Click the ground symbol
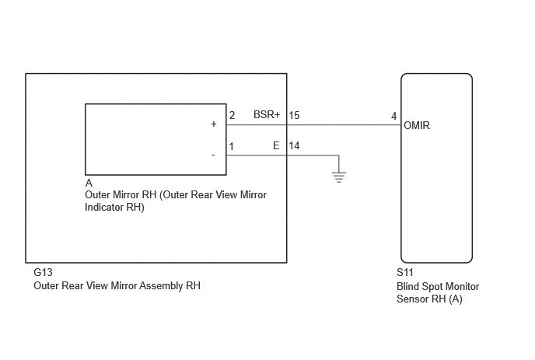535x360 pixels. [339, 177]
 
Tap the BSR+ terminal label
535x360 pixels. [267, 114]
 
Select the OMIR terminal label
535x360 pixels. [417, 126]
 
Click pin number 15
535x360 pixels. [294, 115]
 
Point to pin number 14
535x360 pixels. [294, 146]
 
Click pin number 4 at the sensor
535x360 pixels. [393, 117]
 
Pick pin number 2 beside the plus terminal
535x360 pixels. [232, 115]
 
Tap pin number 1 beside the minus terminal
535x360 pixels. [232, 147]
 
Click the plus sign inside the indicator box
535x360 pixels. [214, 124]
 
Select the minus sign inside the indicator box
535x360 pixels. [213, 156]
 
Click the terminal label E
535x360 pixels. [276, 146]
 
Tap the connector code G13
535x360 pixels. [43, 272]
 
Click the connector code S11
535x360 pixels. [405, 272]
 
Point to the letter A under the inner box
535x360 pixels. [89, 183]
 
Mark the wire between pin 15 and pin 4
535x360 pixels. [344, 125]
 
